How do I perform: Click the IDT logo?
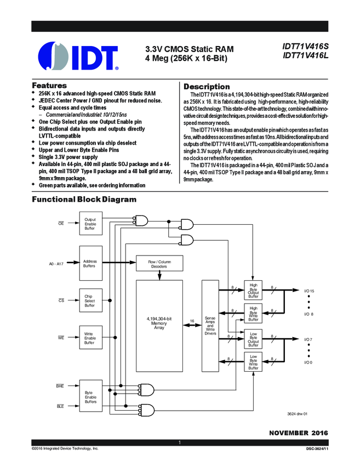coord(78,56)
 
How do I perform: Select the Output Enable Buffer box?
coord(90,224)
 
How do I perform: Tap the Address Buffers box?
coord(90,264)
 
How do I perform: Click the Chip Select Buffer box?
coord(90,300)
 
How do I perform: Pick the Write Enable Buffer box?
coord(90,338)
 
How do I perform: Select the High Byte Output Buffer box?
coord(253,291)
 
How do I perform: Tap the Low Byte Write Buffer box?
coord(253,362)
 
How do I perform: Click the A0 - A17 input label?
coord(56,264)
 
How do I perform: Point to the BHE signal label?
coord(60,387)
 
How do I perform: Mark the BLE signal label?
coord(60,406)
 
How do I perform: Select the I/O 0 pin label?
coord(308,362)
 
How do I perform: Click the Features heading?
coord(49,86)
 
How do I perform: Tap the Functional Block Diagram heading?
coord(84,199)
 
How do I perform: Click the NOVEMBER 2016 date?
coord(298,433)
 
